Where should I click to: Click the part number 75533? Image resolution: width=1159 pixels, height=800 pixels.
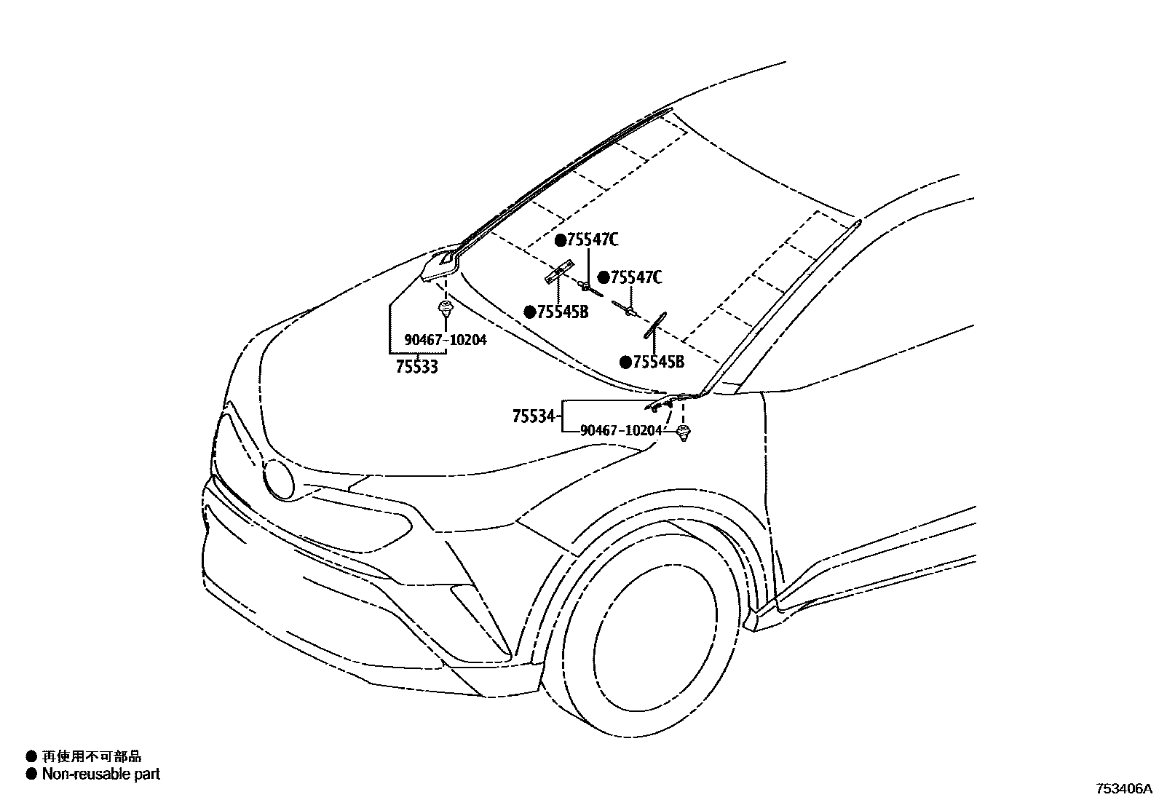pyautogui.click(x=417, y=367)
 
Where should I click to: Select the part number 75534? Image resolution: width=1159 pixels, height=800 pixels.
pyautogui.click(x=534, y=417)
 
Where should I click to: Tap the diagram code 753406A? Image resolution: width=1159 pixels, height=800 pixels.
pyautogui.click(x=1124, y=788)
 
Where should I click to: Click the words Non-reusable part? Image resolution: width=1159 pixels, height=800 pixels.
pyautogui.click(x=101, y=774)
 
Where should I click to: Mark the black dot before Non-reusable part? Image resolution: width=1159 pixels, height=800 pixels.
pyautogui.click(x=31, y=774)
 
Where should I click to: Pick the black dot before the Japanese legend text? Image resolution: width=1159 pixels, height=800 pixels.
pyautogui.click(x=31, y=757)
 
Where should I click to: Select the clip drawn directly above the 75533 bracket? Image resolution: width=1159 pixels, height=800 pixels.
pyautogui.click(x=445, y=309)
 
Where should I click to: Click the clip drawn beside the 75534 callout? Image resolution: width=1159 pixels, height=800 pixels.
pyautogui.click(x=683, y=435)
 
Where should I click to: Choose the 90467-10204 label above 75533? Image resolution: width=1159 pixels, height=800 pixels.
pyautogui.click(x=446, y=340)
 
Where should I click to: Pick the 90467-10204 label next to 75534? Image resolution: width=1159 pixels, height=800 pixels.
pyautogui.click(x=622, y=430)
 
